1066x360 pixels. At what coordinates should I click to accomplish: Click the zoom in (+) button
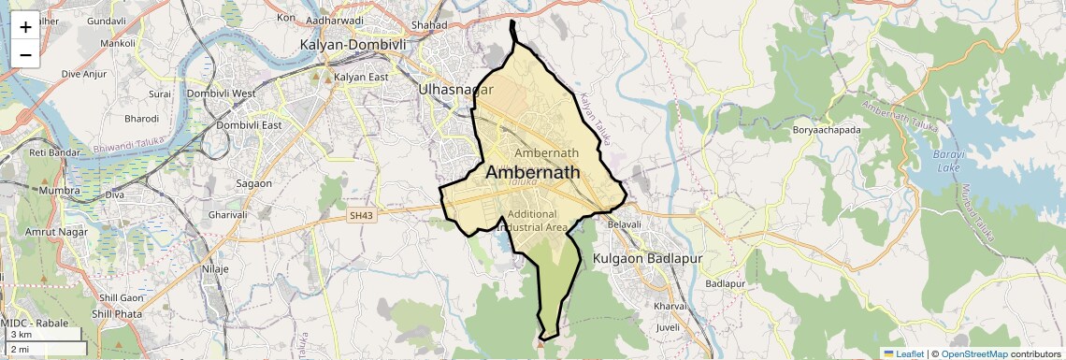click(25, 27)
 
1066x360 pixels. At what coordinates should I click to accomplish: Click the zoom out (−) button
click(25, 55)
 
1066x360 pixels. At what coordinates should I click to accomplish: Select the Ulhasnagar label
click(455, 91)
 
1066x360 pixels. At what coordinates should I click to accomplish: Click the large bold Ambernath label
click(532, 173)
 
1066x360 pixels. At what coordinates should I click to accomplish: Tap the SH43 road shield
click(360, 216)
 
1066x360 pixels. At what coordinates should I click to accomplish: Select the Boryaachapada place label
click(826, 130)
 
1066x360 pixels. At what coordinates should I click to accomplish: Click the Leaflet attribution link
click(903, 353)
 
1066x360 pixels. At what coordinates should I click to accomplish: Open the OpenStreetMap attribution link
click(974, 353)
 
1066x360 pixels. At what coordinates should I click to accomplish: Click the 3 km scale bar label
click(22, 335)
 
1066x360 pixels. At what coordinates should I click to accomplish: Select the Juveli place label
click(669, 328)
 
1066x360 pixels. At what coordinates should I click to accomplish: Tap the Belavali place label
click(625, 225)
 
